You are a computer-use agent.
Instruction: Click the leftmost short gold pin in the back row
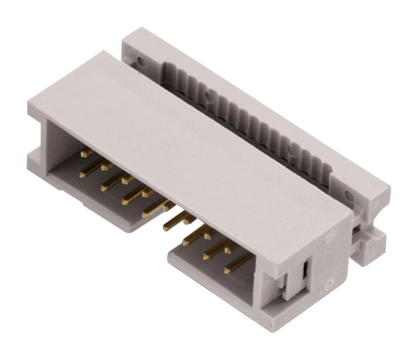(86, 153)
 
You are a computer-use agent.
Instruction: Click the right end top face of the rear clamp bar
(362, 181)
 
